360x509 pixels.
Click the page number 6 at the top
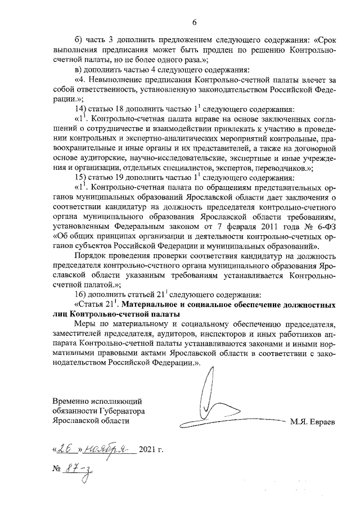[x=195, y=22]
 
